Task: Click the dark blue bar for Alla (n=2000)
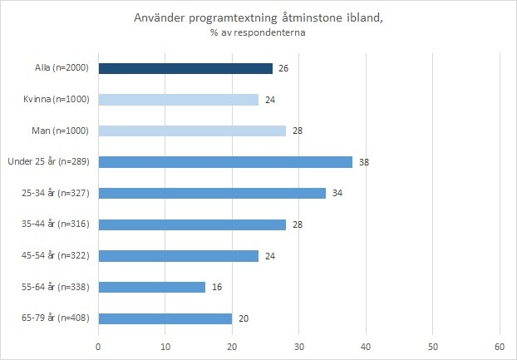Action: coord(185,68)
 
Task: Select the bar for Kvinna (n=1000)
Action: coord(178,100)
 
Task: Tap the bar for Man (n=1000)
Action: coord(191,131)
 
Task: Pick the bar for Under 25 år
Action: coord(224,162)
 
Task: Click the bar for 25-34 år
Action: coord(211,193)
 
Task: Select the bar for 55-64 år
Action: coord(151,287)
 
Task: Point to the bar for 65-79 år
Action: coord(165,318)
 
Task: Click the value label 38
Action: coord(363,162)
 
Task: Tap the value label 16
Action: coord(217,287)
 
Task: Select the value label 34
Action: coord(337,193)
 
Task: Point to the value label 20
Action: coord(244,318)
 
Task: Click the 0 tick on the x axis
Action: coord(98,346)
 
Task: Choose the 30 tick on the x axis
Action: coord(298,346)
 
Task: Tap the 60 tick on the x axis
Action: coord(499,346)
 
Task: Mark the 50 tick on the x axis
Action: coord(432,346)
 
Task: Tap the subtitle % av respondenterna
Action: coord(258,34)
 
